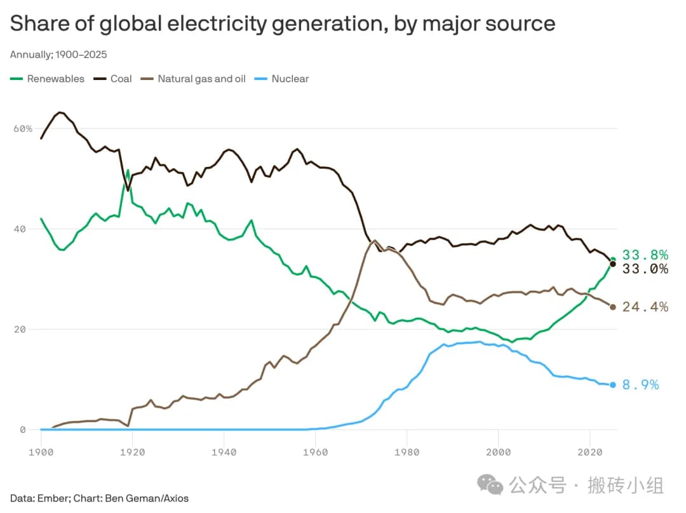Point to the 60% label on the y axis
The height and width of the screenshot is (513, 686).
pyautogui.click(x=22, y=128)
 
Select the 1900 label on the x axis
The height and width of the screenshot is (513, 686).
pyautogui.click(x=41, y=452)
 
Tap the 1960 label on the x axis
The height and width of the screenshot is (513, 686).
pyautogui.click(x=316, y=452)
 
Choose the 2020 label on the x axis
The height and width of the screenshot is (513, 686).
pyautogui.click(x=590, y=452)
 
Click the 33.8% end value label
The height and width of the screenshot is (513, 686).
pyautogui.click(x=645, y=255)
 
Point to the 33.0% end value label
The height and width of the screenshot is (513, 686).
pyautogui.click(x=645, y=269)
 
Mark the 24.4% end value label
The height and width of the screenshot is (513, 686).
pyautogui.click(x=645, y=307)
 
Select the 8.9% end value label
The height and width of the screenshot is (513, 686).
pyautogui.click(x=640, y=385)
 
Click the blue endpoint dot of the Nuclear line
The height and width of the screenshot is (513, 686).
pyautogui.click(x=613, y=385)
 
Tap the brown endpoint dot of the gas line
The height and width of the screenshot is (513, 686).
pyautogui.click(x=613, y=307)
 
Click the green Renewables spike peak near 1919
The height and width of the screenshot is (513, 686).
pyautogui.click(x=128, y=170)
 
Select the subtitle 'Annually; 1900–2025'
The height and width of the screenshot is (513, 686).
pyautogui.click(x=54, y=55)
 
